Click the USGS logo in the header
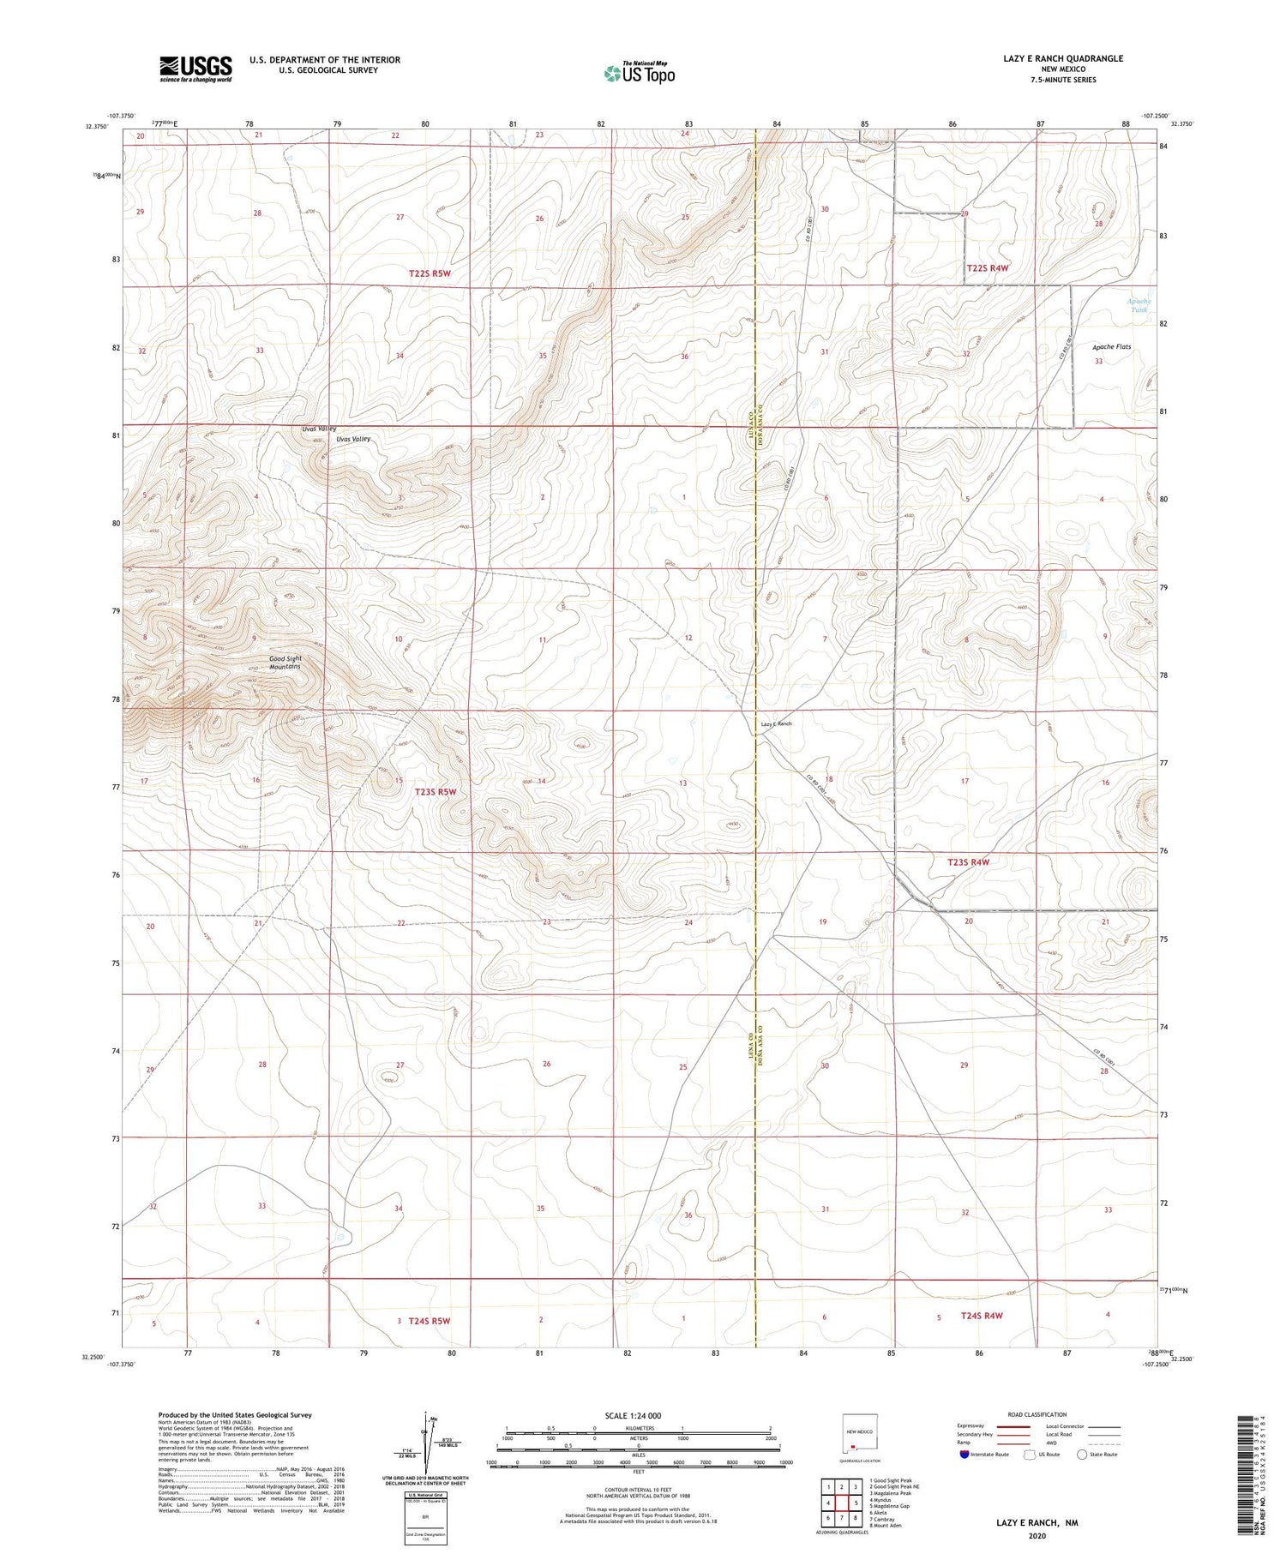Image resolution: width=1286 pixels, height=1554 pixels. click(195, 69)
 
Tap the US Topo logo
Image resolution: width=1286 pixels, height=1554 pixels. click(639, 74)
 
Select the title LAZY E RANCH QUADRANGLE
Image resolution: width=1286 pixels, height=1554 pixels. click(1062, 58)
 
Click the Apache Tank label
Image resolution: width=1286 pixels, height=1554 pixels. click(1138, 305)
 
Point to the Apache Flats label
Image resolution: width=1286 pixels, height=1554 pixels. click(1111, 347)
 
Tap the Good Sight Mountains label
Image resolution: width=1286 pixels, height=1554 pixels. click(285, 663)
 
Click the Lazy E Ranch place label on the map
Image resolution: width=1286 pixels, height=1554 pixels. click(776, 724)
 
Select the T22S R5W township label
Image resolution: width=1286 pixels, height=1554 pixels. click(430, 273)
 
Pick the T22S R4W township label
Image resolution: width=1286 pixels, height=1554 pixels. click(988, 268)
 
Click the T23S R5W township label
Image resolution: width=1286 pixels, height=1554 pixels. click(436, 792)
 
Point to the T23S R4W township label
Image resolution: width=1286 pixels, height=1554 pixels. click(968, 862)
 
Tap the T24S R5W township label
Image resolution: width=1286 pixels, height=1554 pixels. click(429, 1321)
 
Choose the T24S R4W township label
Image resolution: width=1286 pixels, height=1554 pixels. click(982, 1315)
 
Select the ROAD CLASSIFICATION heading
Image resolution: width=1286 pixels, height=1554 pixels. click(1037, 1414)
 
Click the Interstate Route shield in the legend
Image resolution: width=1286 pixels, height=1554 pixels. click(964, 1455)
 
